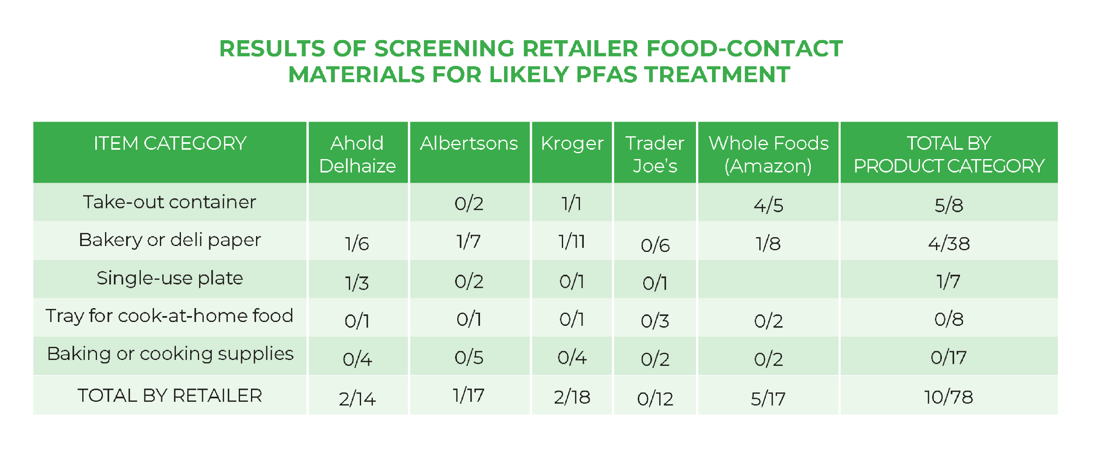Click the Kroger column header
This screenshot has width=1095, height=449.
tap(572, 144)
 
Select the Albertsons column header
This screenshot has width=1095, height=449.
tap(469, 143)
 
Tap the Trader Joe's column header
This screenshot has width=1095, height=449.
tap(655, 154)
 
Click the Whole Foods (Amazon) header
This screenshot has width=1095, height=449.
tap(769, 154)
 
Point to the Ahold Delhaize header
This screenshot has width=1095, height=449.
tap(358, 154)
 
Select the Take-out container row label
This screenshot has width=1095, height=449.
tap(170, 202)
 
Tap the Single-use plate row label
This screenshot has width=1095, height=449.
tap(170, 278)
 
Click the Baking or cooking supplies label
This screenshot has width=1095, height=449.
tap(170, 354)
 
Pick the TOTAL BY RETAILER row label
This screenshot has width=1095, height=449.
tap(170, 395)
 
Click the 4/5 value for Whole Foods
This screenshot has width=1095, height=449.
tap(769, 206)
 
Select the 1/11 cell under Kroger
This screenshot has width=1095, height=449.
tap(572, 241)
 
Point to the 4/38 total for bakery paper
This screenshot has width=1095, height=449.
tap(949, 243)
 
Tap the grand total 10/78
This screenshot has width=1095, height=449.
tap(949, 397)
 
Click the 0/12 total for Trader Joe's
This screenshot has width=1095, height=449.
tap(655, 399)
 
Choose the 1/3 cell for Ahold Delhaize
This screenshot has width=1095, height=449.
tap(357, 283)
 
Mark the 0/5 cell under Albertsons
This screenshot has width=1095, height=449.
tap(469, 357)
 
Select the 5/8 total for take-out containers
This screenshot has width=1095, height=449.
tap(949, 206)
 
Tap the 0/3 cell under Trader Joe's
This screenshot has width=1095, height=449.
tap(655, 321)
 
